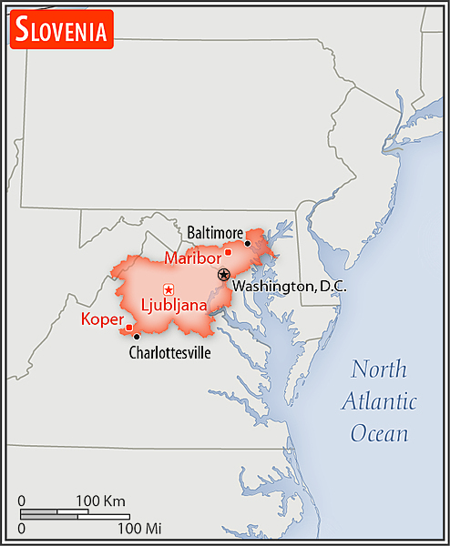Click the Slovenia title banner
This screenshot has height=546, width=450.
(61, 29)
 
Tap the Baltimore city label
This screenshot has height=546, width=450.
(215, 233)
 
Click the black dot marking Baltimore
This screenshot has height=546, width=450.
(248, 243)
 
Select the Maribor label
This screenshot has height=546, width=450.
(193, 258)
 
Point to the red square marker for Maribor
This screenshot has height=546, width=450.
(228, 252)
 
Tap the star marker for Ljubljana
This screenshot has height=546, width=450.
(168, 289)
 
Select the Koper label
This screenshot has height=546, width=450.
(102, 318)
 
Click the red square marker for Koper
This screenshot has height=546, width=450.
(129, 328)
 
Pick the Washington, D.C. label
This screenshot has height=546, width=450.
(290, 286)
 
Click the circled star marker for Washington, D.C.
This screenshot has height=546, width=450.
(224, 274)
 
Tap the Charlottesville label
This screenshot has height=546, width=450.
(169, 352)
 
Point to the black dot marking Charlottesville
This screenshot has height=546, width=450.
(137, 337)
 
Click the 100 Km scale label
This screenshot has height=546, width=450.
(100, 500)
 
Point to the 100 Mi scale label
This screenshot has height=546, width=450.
(139, 527)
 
